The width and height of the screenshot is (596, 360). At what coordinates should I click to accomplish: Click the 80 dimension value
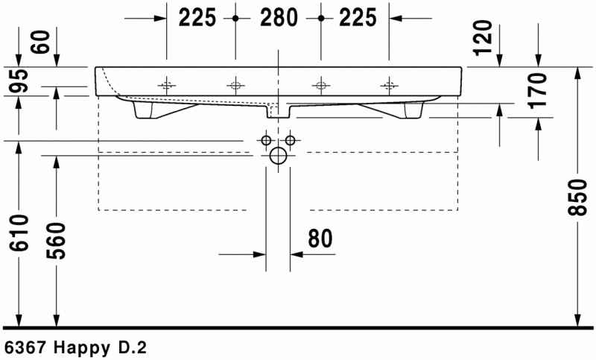(319, 238)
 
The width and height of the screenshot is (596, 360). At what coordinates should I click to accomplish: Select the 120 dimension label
(482, 38)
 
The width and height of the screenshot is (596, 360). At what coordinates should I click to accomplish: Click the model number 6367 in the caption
(22, 347)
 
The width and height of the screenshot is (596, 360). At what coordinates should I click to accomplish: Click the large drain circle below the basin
(278, 156)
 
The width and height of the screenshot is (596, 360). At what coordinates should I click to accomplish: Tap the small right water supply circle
(291, 139)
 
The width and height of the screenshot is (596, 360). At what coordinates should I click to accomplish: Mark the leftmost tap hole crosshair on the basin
(168, 82)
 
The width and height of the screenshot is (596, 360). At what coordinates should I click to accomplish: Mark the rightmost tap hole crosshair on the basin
(388, 82)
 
